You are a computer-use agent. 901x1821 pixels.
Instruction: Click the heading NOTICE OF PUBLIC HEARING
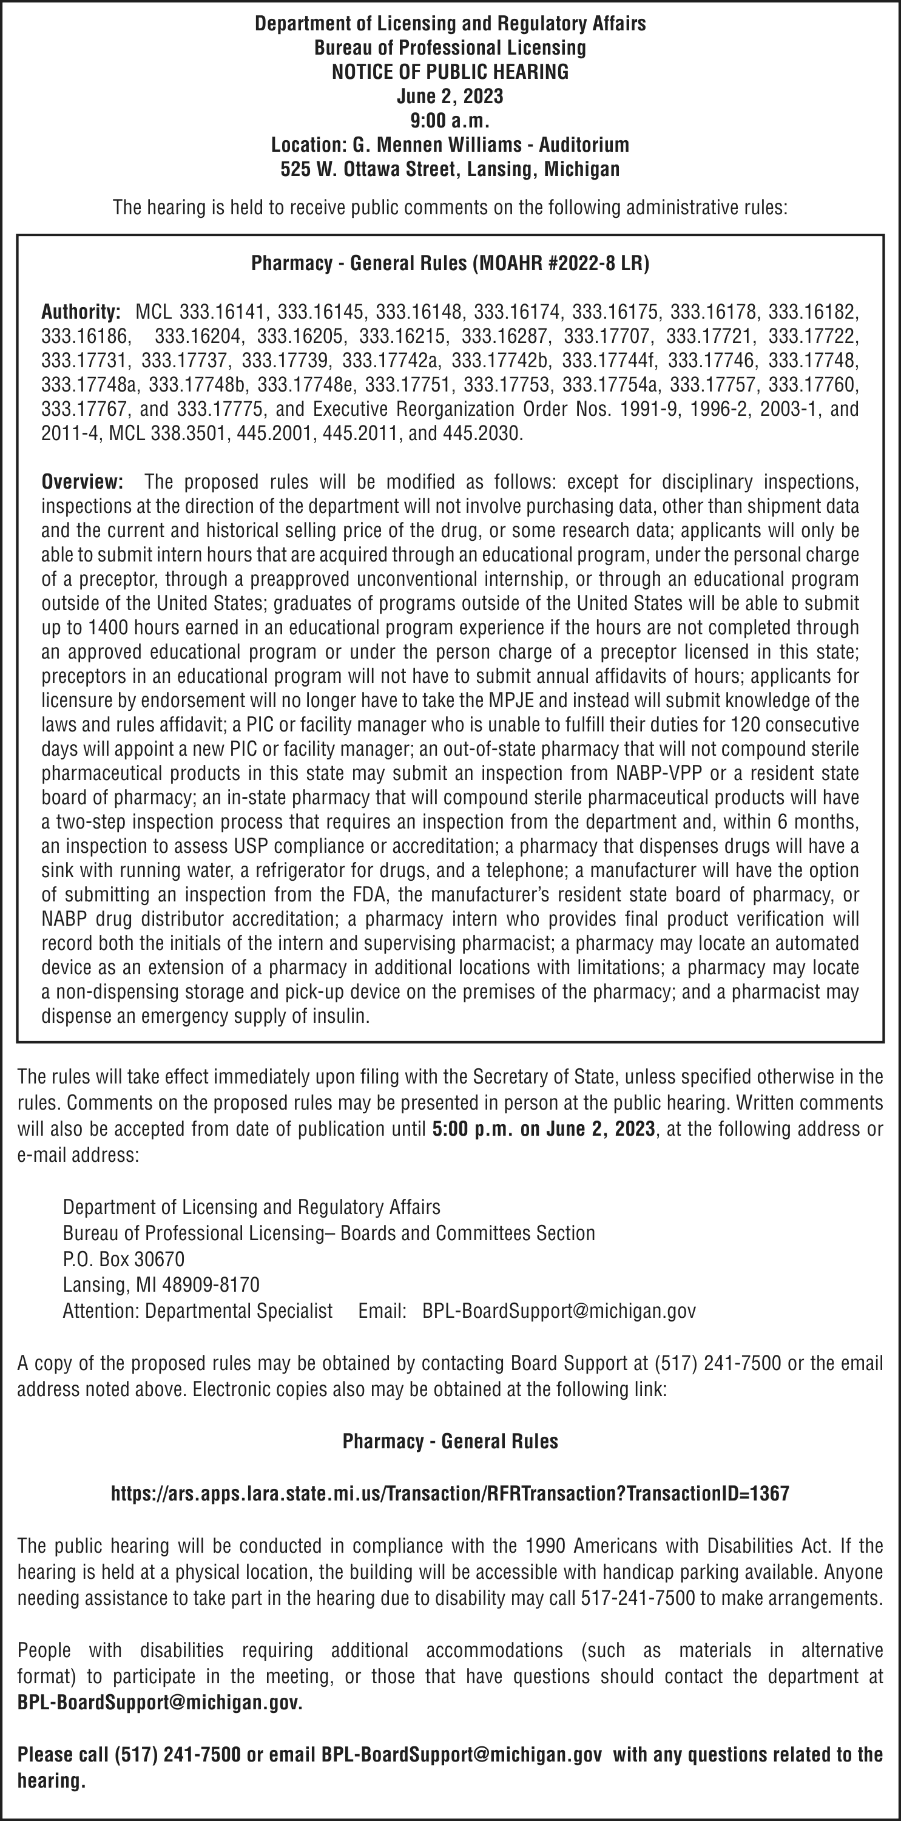(450, 72)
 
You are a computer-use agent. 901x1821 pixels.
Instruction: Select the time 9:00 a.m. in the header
(450, 120)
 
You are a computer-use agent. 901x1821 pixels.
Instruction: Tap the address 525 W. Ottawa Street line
(450, 169)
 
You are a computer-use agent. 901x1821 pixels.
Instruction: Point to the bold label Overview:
(82, 482)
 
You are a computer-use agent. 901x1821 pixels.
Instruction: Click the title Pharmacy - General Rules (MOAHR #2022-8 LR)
(450, 263)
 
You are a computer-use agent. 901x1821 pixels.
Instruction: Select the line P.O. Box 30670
(124, 1259)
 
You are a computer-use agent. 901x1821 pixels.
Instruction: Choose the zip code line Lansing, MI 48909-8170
(161, 1284)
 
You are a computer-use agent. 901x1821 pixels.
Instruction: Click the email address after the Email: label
(559, 1311)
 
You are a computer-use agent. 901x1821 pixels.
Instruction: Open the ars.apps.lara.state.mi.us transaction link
(450, 1493)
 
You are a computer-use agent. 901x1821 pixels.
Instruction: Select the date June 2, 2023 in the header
(450, 96)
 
